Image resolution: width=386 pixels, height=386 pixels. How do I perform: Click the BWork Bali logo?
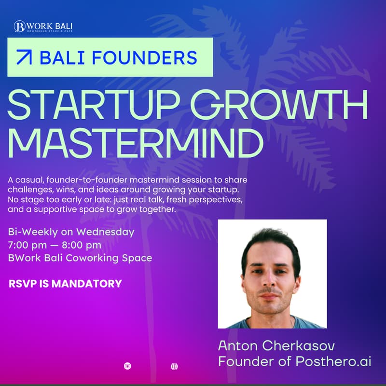43,27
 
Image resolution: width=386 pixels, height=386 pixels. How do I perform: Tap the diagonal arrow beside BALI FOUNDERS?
24,57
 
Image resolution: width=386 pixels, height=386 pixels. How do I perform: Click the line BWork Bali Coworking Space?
80,258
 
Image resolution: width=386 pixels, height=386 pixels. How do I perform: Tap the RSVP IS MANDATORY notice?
65,284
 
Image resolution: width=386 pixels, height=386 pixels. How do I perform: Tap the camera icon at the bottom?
127,366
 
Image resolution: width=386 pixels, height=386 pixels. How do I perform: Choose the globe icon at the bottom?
174,366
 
